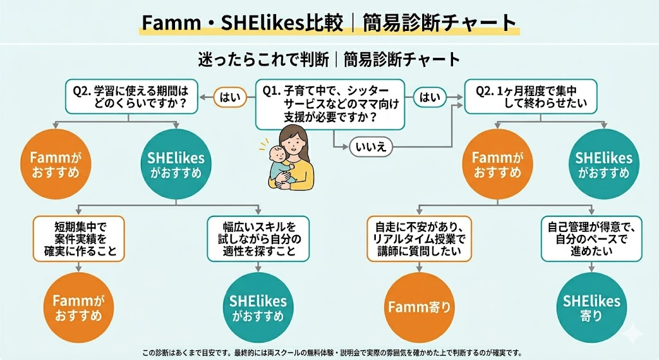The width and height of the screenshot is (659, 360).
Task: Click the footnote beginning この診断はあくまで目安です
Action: pyautogui.click(x=331, y=352)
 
